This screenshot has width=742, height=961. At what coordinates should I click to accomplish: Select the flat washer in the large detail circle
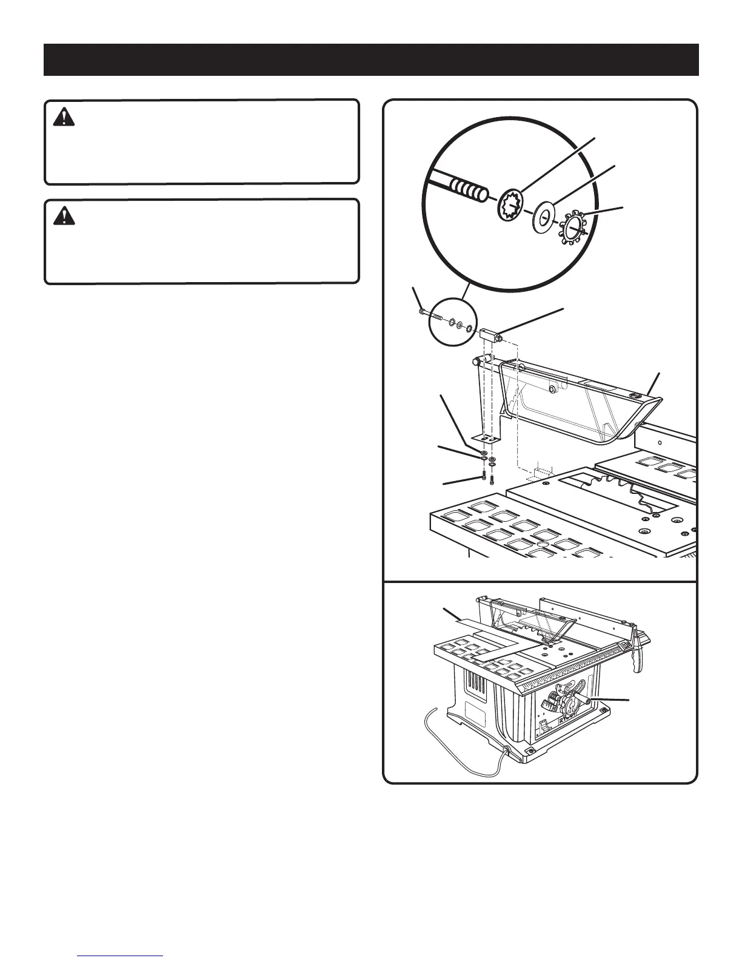pyautogui.click(x=545, y=216)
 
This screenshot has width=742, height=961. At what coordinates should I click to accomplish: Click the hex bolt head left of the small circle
pyautogui.click(x=421, y=311)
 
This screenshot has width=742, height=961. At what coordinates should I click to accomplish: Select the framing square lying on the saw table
pyautogui.click(x=485, y=637)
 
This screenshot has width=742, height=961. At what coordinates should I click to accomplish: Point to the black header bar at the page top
pyautogui.click(x=371, y=59)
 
